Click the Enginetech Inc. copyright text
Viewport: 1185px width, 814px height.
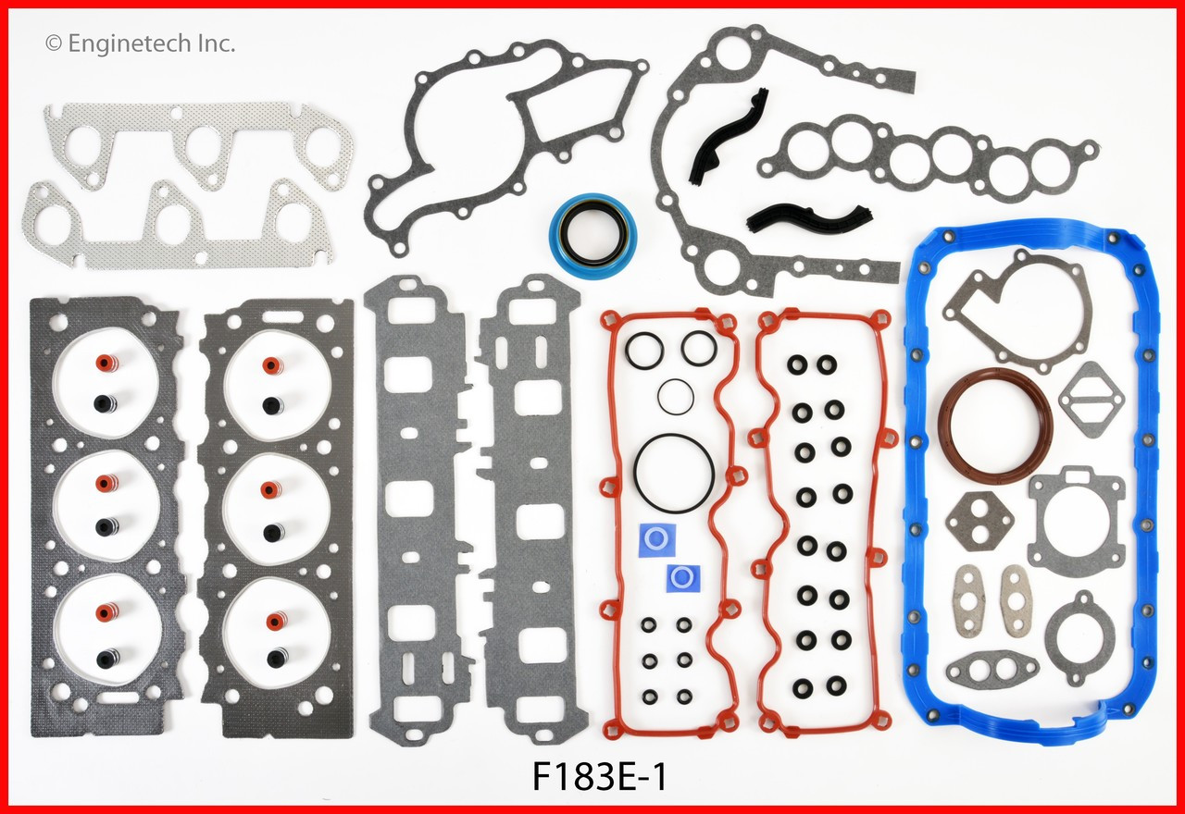141,43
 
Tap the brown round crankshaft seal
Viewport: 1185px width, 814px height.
995,425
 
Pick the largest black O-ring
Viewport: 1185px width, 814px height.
673,470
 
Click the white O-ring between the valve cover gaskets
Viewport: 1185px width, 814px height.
675,398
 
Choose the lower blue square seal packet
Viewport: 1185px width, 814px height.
683,578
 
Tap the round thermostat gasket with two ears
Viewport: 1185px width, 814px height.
1079,634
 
